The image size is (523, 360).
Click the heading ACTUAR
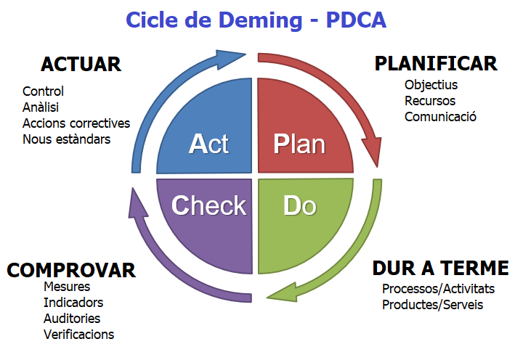(x=81, y=64)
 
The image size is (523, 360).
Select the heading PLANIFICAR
(x=436, y=63)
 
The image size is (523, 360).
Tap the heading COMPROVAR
(x=71, y=271)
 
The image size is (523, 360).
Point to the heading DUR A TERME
(x=440, y=268)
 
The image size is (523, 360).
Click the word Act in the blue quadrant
(x=208, y=144)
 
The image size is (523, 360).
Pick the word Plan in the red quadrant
(x=299, y=144)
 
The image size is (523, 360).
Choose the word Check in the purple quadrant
(x=208, y=205)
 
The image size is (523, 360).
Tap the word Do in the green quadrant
(x=299, y=205)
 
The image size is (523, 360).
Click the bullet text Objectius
(x=431, y=85)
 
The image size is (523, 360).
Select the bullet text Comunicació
(x=440, y=116)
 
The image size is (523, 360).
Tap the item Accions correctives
(x=76, y=123)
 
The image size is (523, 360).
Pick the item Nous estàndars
(x=67, y=139)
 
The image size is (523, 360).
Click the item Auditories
(x=72, y=319)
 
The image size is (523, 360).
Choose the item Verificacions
(x=78, y=335)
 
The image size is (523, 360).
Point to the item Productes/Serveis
(x=432, y=304)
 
